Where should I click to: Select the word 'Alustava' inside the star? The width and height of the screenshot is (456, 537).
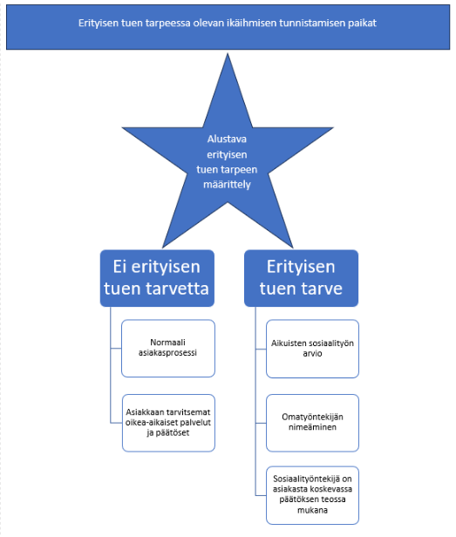(x=227, y=139)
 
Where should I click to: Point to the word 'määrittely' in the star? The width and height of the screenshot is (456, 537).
(x=227, y=185)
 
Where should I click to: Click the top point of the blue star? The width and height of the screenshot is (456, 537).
(x=228, y=53)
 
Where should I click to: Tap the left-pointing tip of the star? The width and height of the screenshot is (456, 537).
(x=123, y=128)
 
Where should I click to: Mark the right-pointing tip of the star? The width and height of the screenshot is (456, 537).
(x=333, y=128)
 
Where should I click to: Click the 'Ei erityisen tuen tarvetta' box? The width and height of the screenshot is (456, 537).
(x=157, y=278)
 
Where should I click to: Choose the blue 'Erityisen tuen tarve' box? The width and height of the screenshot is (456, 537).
(x=301, y=278)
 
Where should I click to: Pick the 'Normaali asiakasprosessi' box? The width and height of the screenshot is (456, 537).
(x=168, y=349)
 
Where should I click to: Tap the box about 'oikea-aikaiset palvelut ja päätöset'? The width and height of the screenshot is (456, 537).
(x=168, y=423)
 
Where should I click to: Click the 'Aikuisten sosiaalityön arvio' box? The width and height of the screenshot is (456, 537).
(x=312, y=349)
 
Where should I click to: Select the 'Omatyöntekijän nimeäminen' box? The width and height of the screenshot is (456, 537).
(x=312, y=423)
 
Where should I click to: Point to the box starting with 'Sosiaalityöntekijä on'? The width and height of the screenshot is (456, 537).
(x=312, y=495)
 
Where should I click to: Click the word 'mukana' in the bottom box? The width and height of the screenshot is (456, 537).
(x=312, y=510)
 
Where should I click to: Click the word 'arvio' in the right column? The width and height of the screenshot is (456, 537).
(x=312, y=353)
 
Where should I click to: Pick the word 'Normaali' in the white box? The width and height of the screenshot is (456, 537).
(x=168, y=342)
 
